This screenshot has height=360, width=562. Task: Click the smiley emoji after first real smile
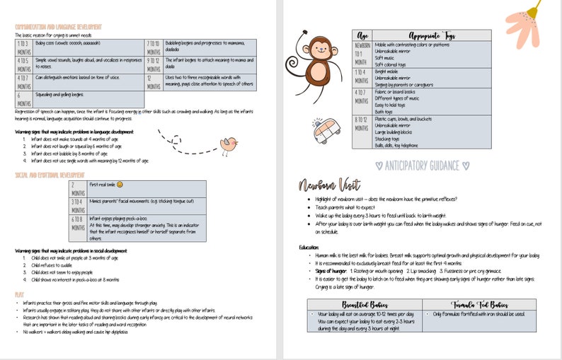(120, 185)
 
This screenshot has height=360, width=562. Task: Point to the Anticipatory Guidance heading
(422, 166)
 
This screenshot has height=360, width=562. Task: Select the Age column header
(362, 35)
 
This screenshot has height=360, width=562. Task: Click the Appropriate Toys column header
(431, 35)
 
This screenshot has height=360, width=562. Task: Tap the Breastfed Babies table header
(363, 303)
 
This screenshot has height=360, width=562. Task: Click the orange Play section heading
(19, 293)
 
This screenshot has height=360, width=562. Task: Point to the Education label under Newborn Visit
(309, 247)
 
